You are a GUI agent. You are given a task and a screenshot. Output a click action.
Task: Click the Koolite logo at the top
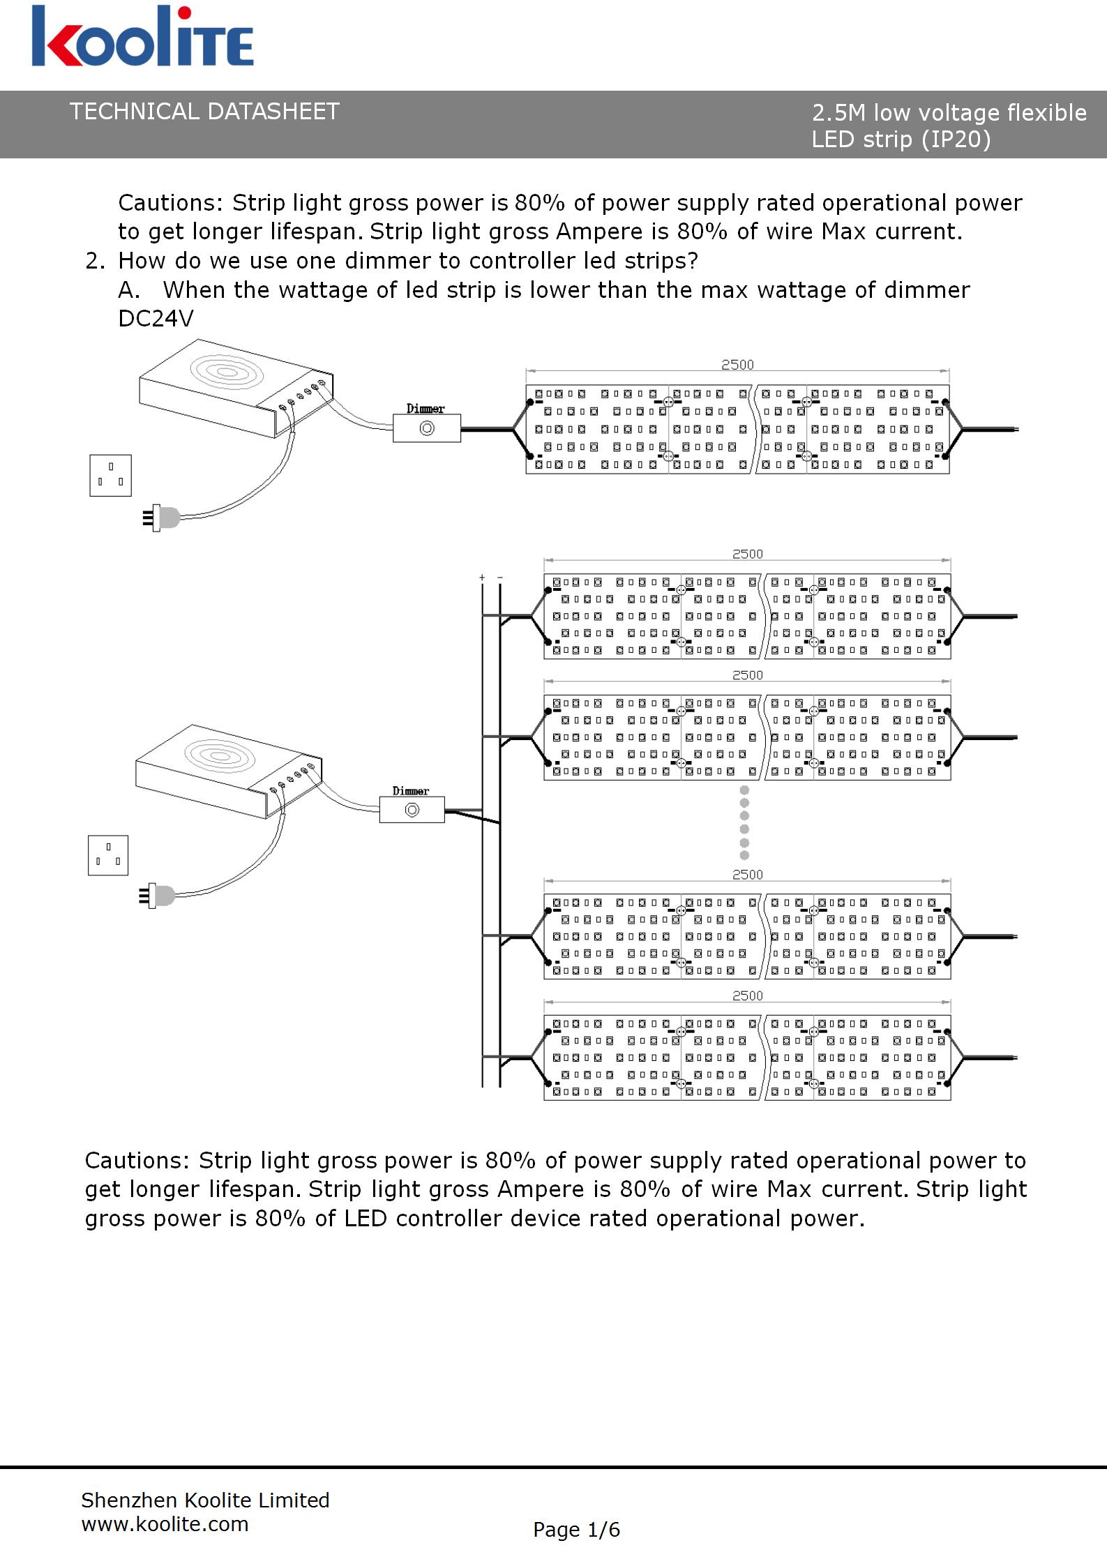(142, 38)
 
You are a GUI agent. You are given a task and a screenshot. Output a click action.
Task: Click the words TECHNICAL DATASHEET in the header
(204, 112)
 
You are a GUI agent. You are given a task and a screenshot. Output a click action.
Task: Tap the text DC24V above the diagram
(156, 319)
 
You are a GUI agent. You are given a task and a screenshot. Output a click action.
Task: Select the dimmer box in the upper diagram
(427, 428)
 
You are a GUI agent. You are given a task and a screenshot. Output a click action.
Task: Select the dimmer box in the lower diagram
(412, 810)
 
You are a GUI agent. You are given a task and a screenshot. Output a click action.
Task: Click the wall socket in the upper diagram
(110, 475)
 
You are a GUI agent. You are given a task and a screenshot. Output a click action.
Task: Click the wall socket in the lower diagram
(108, 854)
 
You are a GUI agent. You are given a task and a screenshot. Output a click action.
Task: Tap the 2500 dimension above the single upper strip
(737, 365)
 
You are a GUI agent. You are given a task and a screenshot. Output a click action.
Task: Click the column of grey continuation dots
(744, 822)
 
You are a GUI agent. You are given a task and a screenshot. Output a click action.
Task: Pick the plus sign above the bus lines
(482, 578)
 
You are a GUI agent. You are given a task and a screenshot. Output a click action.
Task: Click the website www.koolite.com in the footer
(165, 1524)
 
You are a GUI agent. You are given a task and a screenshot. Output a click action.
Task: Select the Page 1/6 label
(576, 1530)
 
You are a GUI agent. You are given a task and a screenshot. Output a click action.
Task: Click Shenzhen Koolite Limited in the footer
(205, 1500)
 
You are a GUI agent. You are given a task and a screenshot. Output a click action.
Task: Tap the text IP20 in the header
(956, 140)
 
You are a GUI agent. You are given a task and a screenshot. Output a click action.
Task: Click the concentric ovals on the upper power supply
(227, 371)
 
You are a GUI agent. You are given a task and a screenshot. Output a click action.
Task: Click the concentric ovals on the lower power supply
(219, 755)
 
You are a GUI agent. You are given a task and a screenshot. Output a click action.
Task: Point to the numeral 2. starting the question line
(95, 261)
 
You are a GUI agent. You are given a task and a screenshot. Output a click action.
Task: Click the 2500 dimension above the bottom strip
(747, 995)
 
